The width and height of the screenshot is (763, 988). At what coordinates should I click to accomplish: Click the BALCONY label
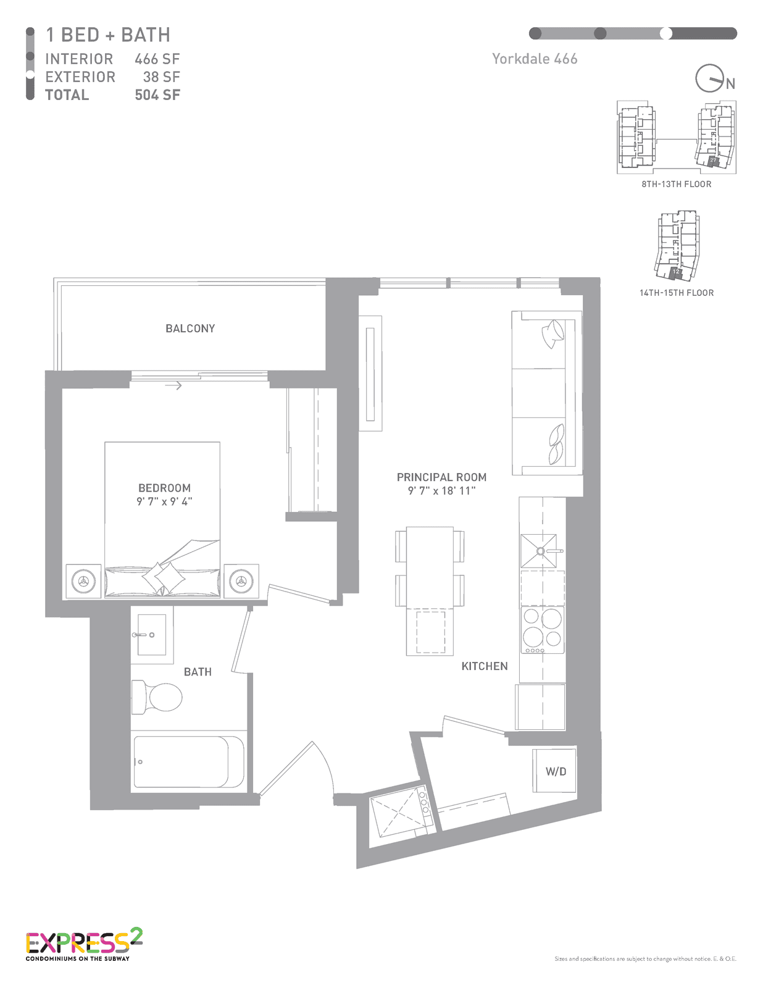(x=190, y=329)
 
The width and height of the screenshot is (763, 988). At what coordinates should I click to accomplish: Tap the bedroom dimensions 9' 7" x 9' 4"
(x=164, y=501)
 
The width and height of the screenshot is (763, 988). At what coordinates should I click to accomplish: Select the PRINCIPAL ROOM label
(x=442, y=477)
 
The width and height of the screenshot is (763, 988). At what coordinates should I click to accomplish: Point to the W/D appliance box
(x=554, y=771)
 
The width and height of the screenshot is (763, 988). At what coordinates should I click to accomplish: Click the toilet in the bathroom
(x=156, y=697)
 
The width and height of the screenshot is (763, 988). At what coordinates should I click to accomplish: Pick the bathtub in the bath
(x=189, y=762)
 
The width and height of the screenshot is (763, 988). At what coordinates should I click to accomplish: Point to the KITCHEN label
(x=485, y=666)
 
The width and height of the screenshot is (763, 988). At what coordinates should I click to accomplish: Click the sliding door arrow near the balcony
(x=173, y=385)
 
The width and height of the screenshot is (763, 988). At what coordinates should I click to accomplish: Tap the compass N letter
(x=730, y=84)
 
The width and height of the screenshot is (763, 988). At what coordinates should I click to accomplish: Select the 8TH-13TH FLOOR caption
(x=676, y=184)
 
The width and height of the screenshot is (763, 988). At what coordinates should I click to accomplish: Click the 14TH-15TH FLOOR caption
(x=676, y=293)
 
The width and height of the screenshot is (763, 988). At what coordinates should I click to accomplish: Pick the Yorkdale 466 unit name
(x=535, y=59)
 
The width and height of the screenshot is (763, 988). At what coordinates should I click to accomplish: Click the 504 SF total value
(x=157, y=95)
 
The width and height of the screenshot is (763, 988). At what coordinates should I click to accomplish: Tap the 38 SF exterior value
(x=161, y=77)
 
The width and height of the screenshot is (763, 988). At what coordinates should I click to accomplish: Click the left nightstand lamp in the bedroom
(x=83, y=581)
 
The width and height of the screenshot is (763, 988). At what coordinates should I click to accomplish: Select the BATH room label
(x=198, y=672)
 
